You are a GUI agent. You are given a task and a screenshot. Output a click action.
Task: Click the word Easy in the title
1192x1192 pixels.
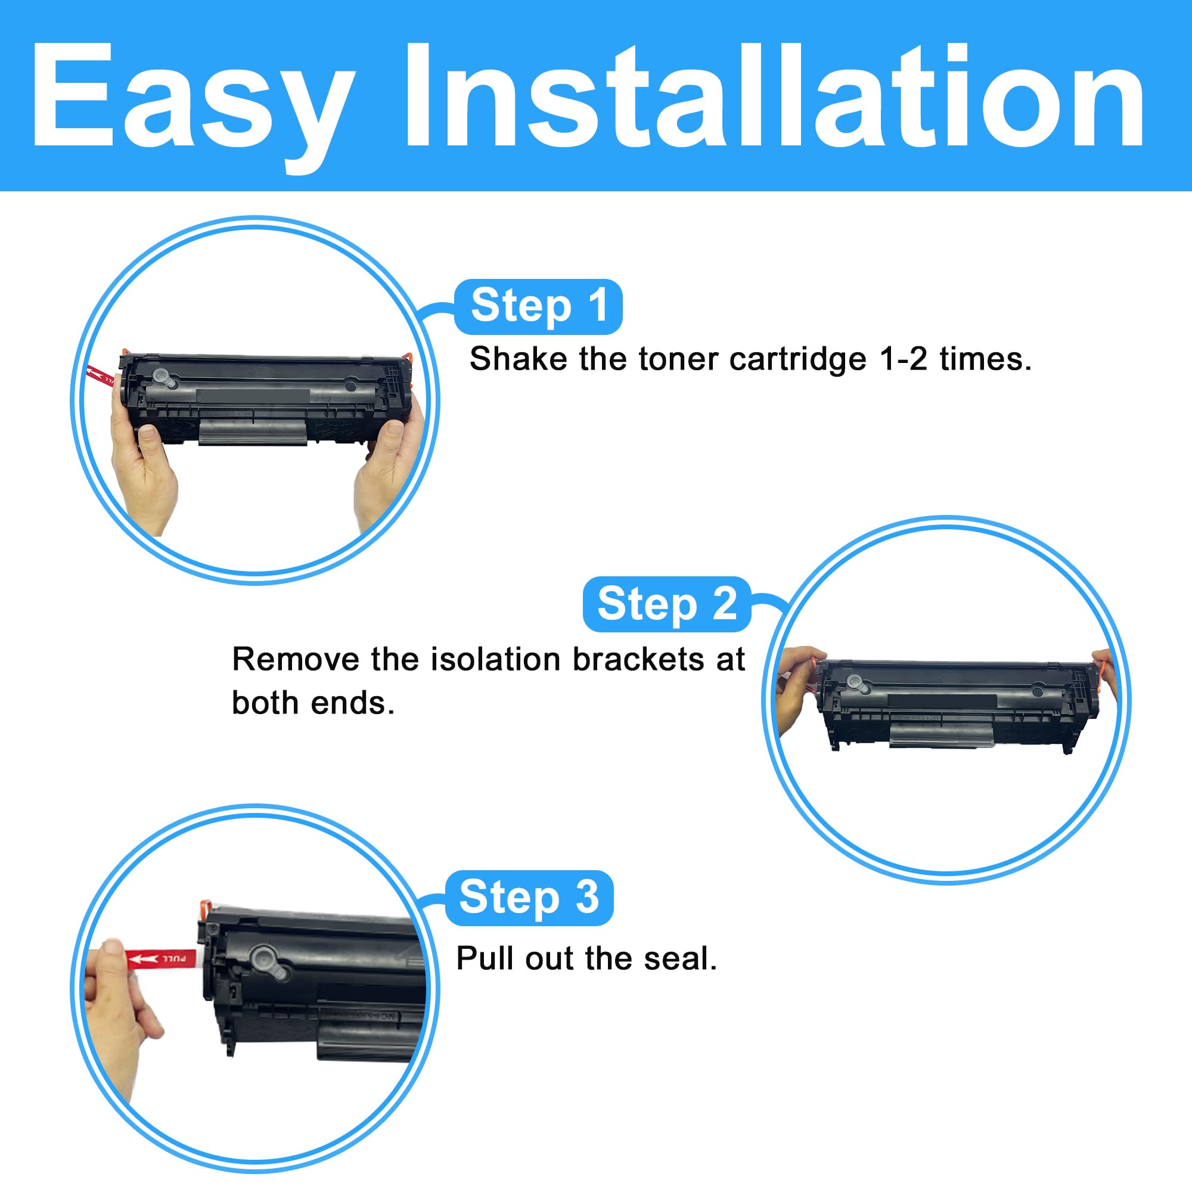191,99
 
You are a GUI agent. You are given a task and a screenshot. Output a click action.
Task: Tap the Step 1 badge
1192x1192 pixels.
538,306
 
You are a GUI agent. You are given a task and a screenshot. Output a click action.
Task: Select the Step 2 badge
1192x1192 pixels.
666,604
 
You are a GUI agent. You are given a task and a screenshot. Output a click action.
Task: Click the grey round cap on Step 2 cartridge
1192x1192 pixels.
855,682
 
